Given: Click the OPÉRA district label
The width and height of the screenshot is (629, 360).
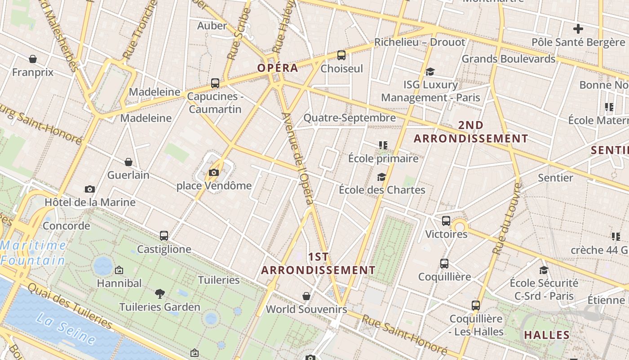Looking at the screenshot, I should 278,68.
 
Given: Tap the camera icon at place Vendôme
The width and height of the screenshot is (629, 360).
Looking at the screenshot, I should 214,172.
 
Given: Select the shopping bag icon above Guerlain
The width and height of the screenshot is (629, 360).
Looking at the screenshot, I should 128,162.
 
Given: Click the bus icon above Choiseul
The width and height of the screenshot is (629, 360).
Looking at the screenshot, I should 341,55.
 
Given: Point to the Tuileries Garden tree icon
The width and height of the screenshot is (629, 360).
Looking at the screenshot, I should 159,294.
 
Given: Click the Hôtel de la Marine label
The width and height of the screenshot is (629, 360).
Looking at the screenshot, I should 90,202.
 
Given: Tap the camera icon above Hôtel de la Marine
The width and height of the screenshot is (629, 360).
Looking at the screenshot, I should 90,189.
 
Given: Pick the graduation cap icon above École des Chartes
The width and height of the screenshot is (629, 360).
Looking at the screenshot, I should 382,177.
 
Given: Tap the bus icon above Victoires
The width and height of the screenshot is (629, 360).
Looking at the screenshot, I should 446,221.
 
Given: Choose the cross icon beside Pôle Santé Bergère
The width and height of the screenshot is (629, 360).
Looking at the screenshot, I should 578,29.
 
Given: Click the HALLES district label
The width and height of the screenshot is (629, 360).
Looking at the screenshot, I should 547,335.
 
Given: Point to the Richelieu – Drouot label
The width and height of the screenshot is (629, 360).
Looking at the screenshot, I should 420,42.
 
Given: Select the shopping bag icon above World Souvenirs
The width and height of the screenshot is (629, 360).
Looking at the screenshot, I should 306,296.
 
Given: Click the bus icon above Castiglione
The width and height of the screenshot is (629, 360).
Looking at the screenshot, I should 164,236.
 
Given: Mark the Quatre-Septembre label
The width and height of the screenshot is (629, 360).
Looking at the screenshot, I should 350,118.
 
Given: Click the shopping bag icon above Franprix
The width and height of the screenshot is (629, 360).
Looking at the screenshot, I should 33,59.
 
